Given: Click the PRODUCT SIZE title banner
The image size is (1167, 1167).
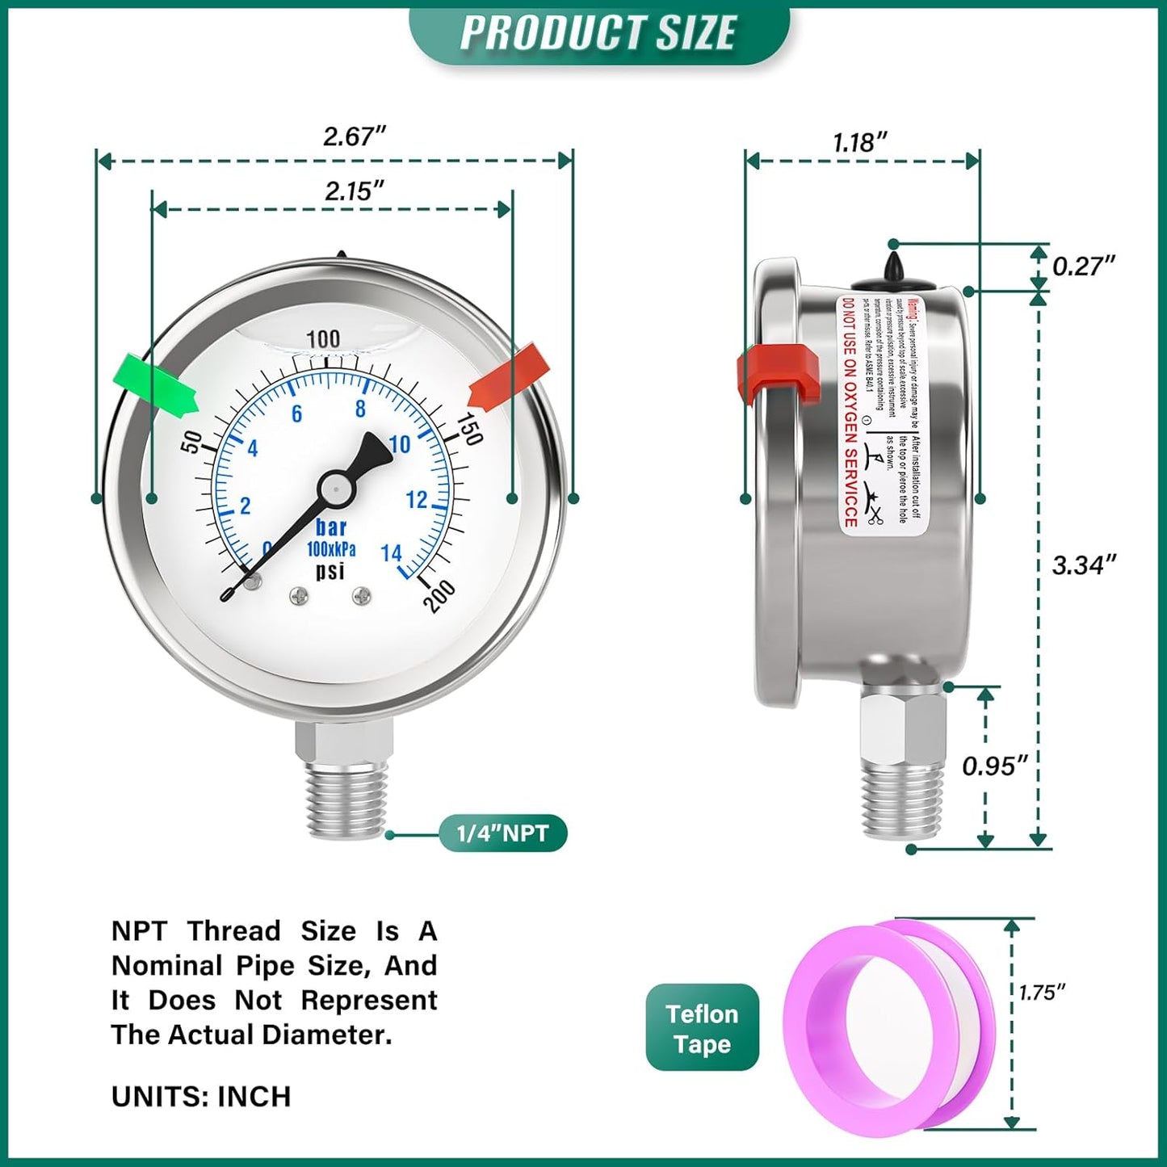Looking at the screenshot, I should pyautogui.click(x=598, y=33).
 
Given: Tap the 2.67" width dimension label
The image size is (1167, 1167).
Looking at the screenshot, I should pyautogui.click(x=355, y=136).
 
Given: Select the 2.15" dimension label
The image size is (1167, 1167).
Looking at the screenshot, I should pyautogui.click(x=354, y=191).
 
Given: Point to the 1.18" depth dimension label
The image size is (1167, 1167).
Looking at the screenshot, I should pyautogui.click(x=860, y=142).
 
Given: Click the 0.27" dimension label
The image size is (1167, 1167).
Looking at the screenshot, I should pyautogui.click(x=1084, y=265).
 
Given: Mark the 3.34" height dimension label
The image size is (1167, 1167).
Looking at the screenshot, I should pyautogui.click(x=1084, y=565).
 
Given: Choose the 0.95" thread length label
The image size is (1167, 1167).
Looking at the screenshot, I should pyautogui.click(x=995, y=765).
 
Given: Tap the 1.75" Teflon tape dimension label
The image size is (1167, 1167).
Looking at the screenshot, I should pyautogui.click(x=1043, y=992).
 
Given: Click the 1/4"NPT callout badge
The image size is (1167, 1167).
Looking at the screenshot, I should pyautogui.click(x=502, y=833).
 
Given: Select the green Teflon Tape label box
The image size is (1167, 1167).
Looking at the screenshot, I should pyautogui.click(x=702, y=1028).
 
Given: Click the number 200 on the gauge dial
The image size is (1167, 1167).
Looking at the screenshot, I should pyautogui.click(x=439, y=596).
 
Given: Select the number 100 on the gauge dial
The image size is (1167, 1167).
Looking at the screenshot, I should pyautogui.click(x=323, y=338).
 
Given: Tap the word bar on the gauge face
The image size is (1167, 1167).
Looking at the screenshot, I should pyautogui.click(x=331, y=527).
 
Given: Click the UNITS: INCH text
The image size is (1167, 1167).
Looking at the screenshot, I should pyautogui.click(x=201, y=1097).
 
